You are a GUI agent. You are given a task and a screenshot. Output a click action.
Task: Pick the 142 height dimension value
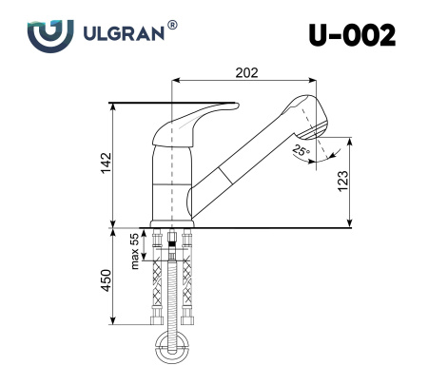pos(107,163)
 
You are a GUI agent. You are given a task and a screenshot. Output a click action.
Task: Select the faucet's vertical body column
pos(171,181)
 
